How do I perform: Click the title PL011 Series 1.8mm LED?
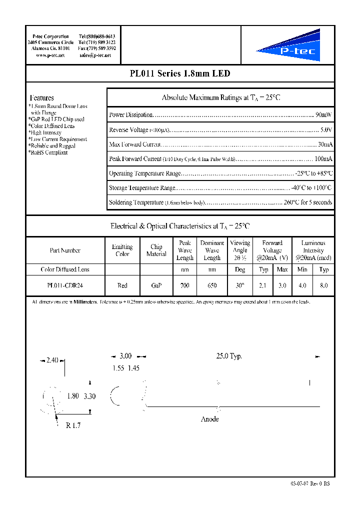(x=179, y=73)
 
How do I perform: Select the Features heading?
(x=41, y=98)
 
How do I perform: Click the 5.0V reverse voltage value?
(x=326, y=129)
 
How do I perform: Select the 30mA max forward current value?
(x=324, y=144)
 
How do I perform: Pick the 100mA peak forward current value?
(x=323, y=159)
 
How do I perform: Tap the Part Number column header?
(x=65, y=250)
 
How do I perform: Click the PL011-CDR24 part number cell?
(x=65, y=285)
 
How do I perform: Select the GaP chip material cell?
(x=156, y=285)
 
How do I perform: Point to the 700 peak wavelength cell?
(x=184, y=285)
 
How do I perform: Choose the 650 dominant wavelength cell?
(x=212, y=285)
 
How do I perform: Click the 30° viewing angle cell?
(x=240, y=285)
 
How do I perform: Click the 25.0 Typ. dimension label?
(x=229, y=356)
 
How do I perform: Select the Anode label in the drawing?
(x=209, y=419)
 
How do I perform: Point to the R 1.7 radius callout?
(x=72, y=426)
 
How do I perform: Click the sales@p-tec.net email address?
(x=95, y=55)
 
